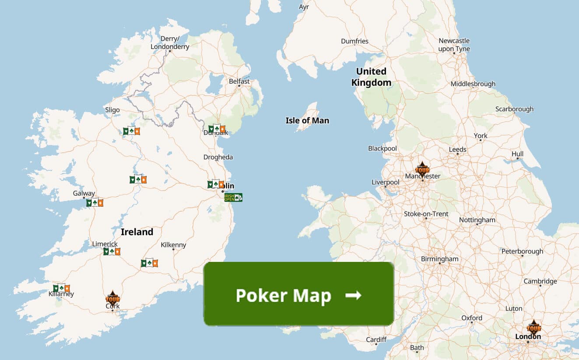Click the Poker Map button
point(298,294)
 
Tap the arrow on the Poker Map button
point(353,295)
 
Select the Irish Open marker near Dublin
point(233,198)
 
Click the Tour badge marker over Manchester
point(422,169)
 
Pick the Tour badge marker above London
point(533,327)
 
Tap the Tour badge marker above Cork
point(112,298)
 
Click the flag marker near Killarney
point(61,288)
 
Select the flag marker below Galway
point(95,202)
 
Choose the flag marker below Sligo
point(131,131)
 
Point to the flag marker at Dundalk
point(217,129)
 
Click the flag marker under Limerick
point(112,251)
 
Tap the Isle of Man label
point(307,120)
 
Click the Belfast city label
point(239,81)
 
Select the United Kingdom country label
point(371,77)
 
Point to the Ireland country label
point(137,232)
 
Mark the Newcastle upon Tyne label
point(454,45)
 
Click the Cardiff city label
point(376,339)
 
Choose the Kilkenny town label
point(173,245)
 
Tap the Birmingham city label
point(439,259)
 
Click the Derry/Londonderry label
point(170,42)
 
